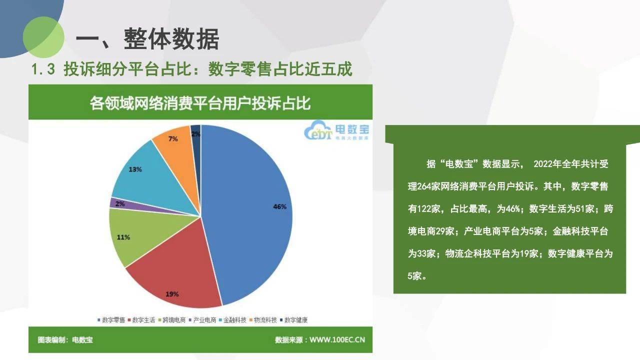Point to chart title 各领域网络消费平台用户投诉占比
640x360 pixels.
[x=200, y=103]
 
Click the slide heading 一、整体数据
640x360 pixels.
[x=147, y=39]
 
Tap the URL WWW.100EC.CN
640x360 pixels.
[x=337, y=339]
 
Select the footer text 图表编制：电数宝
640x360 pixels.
[x=65, y=339]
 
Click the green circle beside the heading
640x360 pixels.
[x=43, y=37]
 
